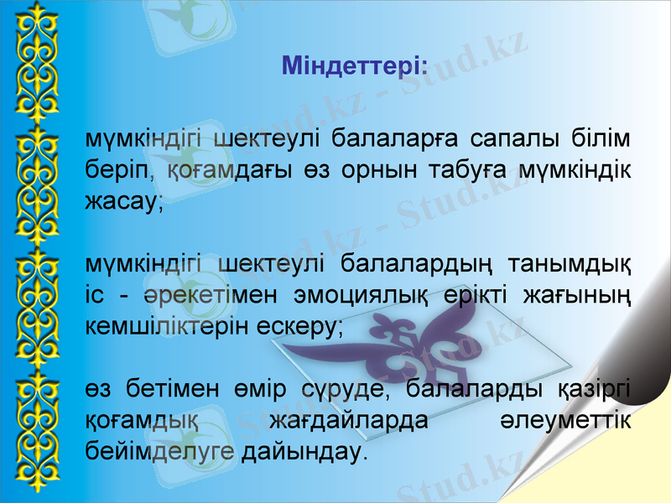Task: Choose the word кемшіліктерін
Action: click(x=167, y=328)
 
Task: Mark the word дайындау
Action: click(x=301, y=454)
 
